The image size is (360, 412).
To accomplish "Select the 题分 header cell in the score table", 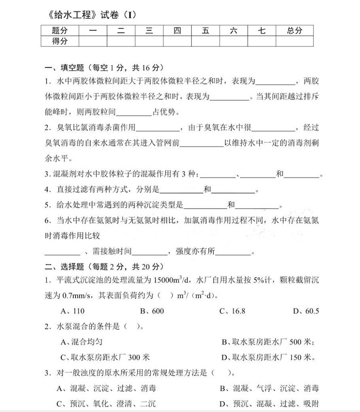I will tap(60, 31).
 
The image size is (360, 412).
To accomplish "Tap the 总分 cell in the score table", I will tap(295, 31).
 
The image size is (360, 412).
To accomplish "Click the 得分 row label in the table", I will tap(60, 41).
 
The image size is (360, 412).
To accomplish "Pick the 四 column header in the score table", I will tap(177, 31).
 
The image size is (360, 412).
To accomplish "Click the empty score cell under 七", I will tap(262, 41).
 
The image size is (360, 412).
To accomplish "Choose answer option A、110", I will tap(72, 311).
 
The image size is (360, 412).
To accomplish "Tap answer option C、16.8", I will tap(232, 311).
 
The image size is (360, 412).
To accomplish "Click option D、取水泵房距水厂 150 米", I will tap(268, 357).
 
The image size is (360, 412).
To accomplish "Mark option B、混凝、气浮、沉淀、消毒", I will tap(269, 389).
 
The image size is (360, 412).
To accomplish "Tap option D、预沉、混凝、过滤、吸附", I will tap(269, 404).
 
